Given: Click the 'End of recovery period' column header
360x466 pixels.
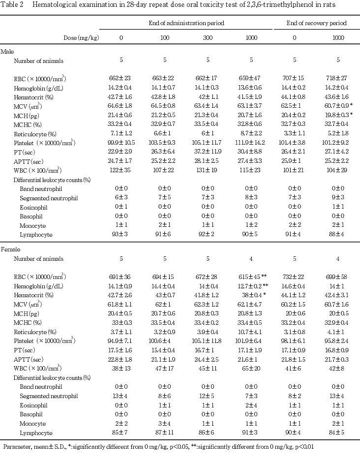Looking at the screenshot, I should pyautogui.click(x=317, y=23).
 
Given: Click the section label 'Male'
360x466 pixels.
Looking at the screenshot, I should pyautogui.click(x=7, y=52).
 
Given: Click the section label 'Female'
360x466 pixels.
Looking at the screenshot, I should pyautogui.click(x=10, y=249).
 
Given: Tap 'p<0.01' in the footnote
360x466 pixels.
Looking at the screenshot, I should pyautogui.click(x=304, y=447).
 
